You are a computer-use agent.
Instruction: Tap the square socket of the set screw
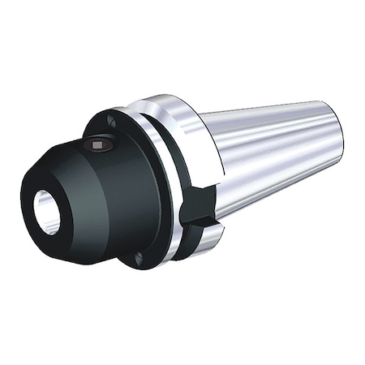(x=97, y=146)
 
